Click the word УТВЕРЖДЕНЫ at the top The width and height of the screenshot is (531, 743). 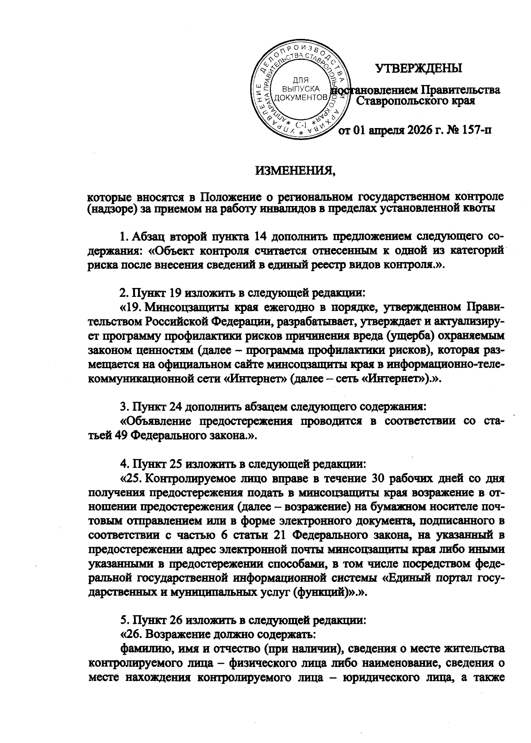pyautogui.click(x=418, y=68)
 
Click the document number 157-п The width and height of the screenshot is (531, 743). pyautogui.click(x=470, y=130)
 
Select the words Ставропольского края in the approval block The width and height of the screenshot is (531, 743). pyautogui.click(x=416, y=101)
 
